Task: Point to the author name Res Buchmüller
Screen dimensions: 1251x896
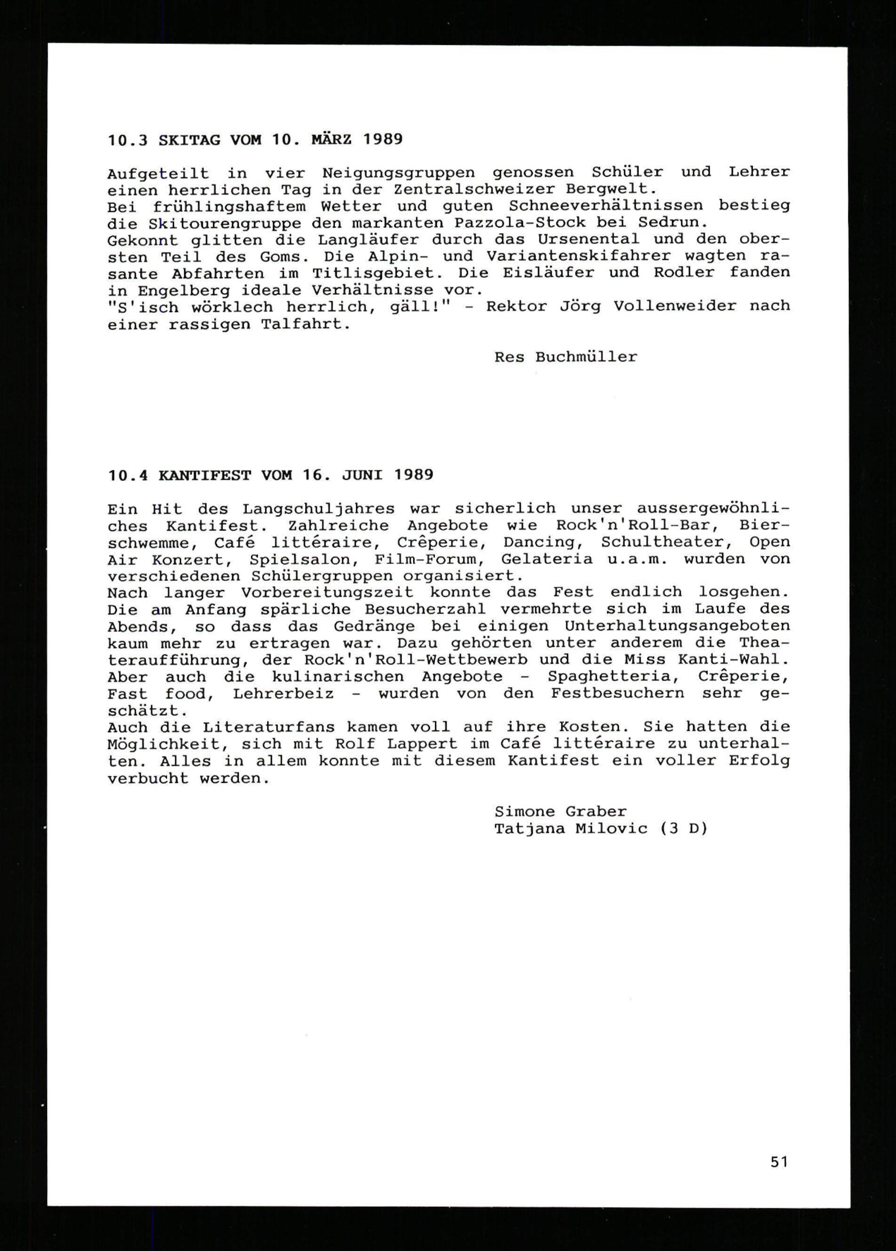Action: tap(565, 357)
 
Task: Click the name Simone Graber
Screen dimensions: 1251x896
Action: tap(560, 812)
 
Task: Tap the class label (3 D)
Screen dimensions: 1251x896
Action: tap(683, 829)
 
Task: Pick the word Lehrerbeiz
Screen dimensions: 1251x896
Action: tap(283, 693)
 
